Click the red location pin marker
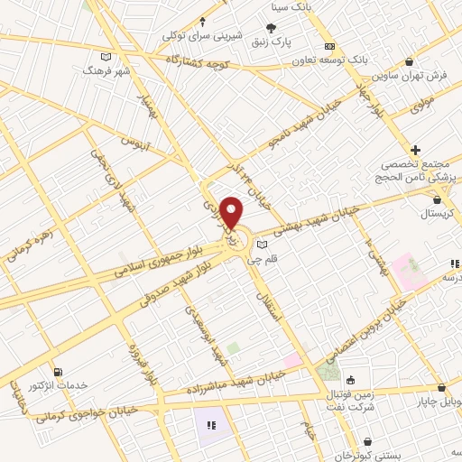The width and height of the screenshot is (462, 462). [232, 212]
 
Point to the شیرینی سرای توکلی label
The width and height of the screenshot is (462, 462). [191, 34]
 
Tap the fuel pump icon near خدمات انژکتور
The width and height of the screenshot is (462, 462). [59, 372]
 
